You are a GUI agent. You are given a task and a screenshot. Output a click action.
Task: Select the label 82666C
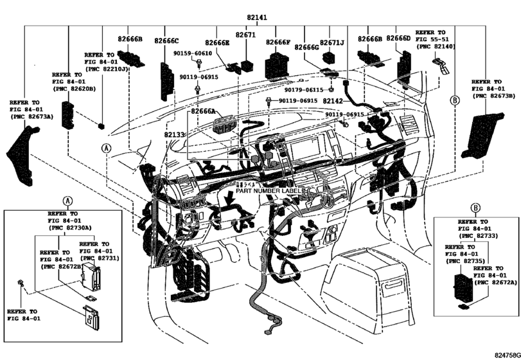click(x=166, y=41)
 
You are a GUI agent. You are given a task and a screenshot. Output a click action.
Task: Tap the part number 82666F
click(x=278, y=42)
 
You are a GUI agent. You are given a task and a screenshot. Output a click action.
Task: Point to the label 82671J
click(x=333, y=42)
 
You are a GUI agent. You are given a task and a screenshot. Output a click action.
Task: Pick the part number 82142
click(x=335, y=102)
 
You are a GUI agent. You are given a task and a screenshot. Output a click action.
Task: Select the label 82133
click(x=174, y=135)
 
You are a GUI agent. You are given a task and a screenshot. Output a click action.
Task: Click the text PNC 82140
click(x=437, y=47)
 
